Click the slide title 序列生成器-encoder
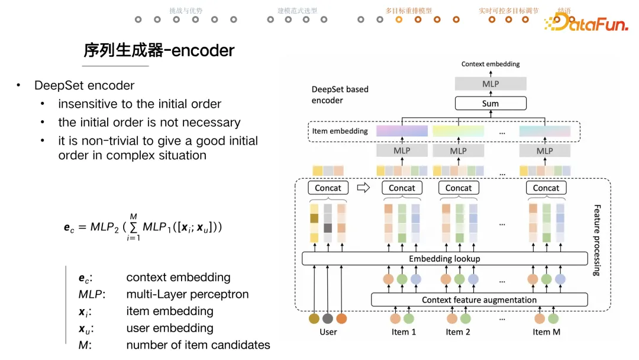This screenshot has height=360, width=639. coord(159,51)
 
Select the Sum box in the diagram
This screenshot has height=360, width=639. coord(490,104)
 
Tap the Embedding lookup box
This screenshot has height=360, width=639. coord(444,259)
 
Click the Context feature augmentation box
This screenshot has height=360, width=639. coord(479,300)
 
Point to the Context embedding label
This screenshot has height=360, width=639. coord(490,64)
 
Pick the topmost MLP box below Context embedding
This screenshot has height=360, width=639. coord(490,84)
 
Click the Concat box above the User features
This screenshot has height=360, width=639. coord(328,188)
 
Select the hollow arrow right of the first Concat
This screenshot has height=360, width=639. coord(364,188)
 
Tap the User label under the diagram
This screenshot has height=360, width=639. coord(328,332)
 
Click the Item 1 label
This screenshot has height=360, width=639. coord(404,332)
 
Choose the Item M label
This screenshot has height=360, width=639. coord(546,332)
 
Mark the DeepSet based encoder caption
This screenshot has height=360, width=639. coord(340,95)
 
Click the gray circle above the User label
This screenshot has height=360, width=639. coord(328,319)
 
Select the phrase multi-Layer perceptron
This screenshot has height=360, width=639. coord(187,294)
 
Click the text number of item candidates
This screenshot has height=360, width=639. coord(198,345)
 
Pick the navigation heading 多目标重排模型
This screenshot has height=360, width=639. coord(408,11)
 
